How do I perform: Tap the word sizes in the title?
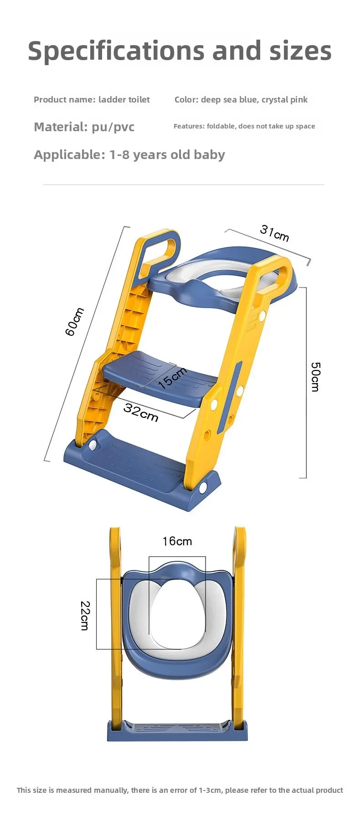pos(300,51)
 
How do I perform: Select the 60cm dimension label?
pos(75,321)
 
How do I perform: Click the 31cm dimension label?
pos(274,232)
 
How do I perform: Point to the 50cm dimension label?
pos(315,376)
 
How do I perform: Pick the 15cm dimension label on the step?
pos(172,378)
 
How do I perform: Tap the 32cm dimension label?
pos(141,412)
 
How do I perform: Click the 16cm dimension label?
pos(177,541)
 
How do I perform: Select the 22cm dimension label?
pos(85,615)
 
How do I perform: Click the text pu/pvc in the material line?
pos(113,127)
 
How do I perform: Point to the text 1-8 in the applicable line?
pos(119,155)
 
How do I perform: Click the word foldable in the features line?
pos(221,126)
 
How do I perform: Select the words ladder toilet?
pos(124,100)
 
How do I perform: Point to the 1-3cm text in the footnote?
pos(211,790)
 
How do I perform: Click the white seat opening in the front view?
pos(177,613)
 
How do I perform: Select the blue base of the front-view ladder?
pos(177,731)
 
